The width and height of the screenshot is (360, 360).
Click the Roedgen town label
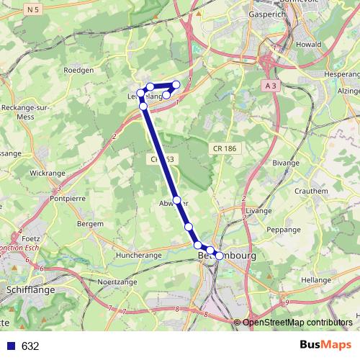click(79, 70)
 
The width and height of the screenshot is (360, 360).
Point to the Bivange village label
click(285, 163)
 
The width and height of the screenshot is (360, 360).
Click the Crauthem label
click(311, 191)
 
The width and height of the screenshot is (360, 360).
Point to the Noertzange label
click(117, 282)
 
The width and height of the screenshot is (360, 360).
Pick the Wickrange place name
click(48, 173)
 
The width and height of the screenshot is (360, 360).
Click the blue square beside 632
click(11, 346)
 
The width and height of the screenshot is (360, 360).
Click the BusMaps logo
click(325, 346)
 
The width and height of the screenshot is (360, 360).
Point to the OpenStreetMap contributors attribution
click(297, 323)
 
